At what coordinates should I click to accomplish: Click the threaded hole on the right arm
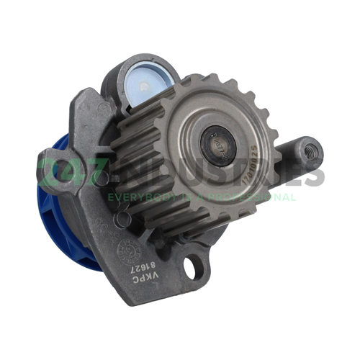tap(310, 151)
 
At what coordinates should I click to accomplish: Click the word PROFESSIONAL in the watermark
tap(256, 196)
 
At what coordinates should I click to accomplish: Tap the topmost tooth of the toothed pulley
tap(187, 77)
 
